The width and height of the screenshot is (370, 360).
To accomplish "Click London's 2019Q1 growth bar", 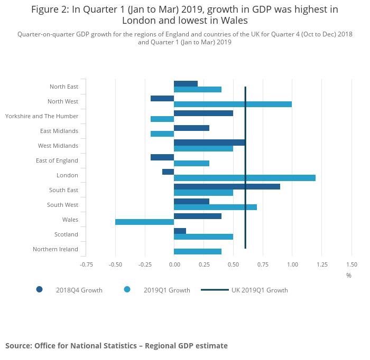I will [244, 178].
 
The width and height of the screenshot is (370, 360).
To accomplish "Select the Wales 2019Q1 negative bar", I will [144, 222].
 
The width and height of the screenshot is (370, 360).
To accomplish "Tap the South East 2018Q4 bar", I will [227, 186].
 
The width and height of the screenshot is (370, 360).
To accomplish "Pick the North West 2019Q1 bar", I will [233, 104].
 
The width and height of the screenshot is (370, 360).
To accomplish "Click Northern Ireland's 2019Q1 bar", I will [197, 252].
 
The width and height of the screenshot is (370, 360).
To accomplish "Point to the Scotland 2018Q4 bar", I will [180, 231].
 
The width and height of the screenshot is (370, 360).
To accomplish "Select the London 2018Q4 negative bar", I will [168, 172].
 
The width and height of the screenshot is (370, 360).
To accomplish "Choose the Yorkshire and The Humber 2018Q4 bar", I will [203, 112].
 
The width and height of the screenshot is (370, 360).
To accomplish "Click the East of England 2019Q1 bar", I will [191, 163].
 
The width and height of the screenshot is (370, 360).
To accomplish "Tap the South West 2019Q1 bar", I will [215, 207].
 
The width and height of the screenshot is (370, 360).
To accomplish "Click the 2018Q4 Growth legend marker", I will [39, 289].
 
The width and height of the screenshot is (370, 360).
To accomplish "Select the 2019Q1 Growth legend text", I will [166, 290].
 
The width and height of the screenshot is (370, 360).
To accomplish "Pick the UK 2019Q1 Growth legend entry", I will [259, 290].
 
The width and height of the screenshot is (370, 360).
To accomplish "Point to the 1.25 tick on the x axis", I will [321, 264].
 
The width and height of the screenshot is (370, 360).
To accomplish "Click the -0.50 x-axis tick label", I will [115, 264].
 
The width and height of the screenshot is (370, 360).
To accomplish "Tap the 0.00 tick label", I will [174, 264].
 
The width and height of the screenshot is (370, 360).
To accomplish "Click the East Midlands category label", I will [59, 131].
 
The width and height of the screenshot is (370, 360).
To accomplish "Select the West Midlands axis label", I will [58, 146].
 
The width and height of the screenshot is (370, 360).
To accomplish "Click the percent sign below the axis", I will [348, 275].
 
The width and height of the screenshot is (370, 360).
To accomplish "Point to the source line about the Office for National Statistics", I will [116, 346].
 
